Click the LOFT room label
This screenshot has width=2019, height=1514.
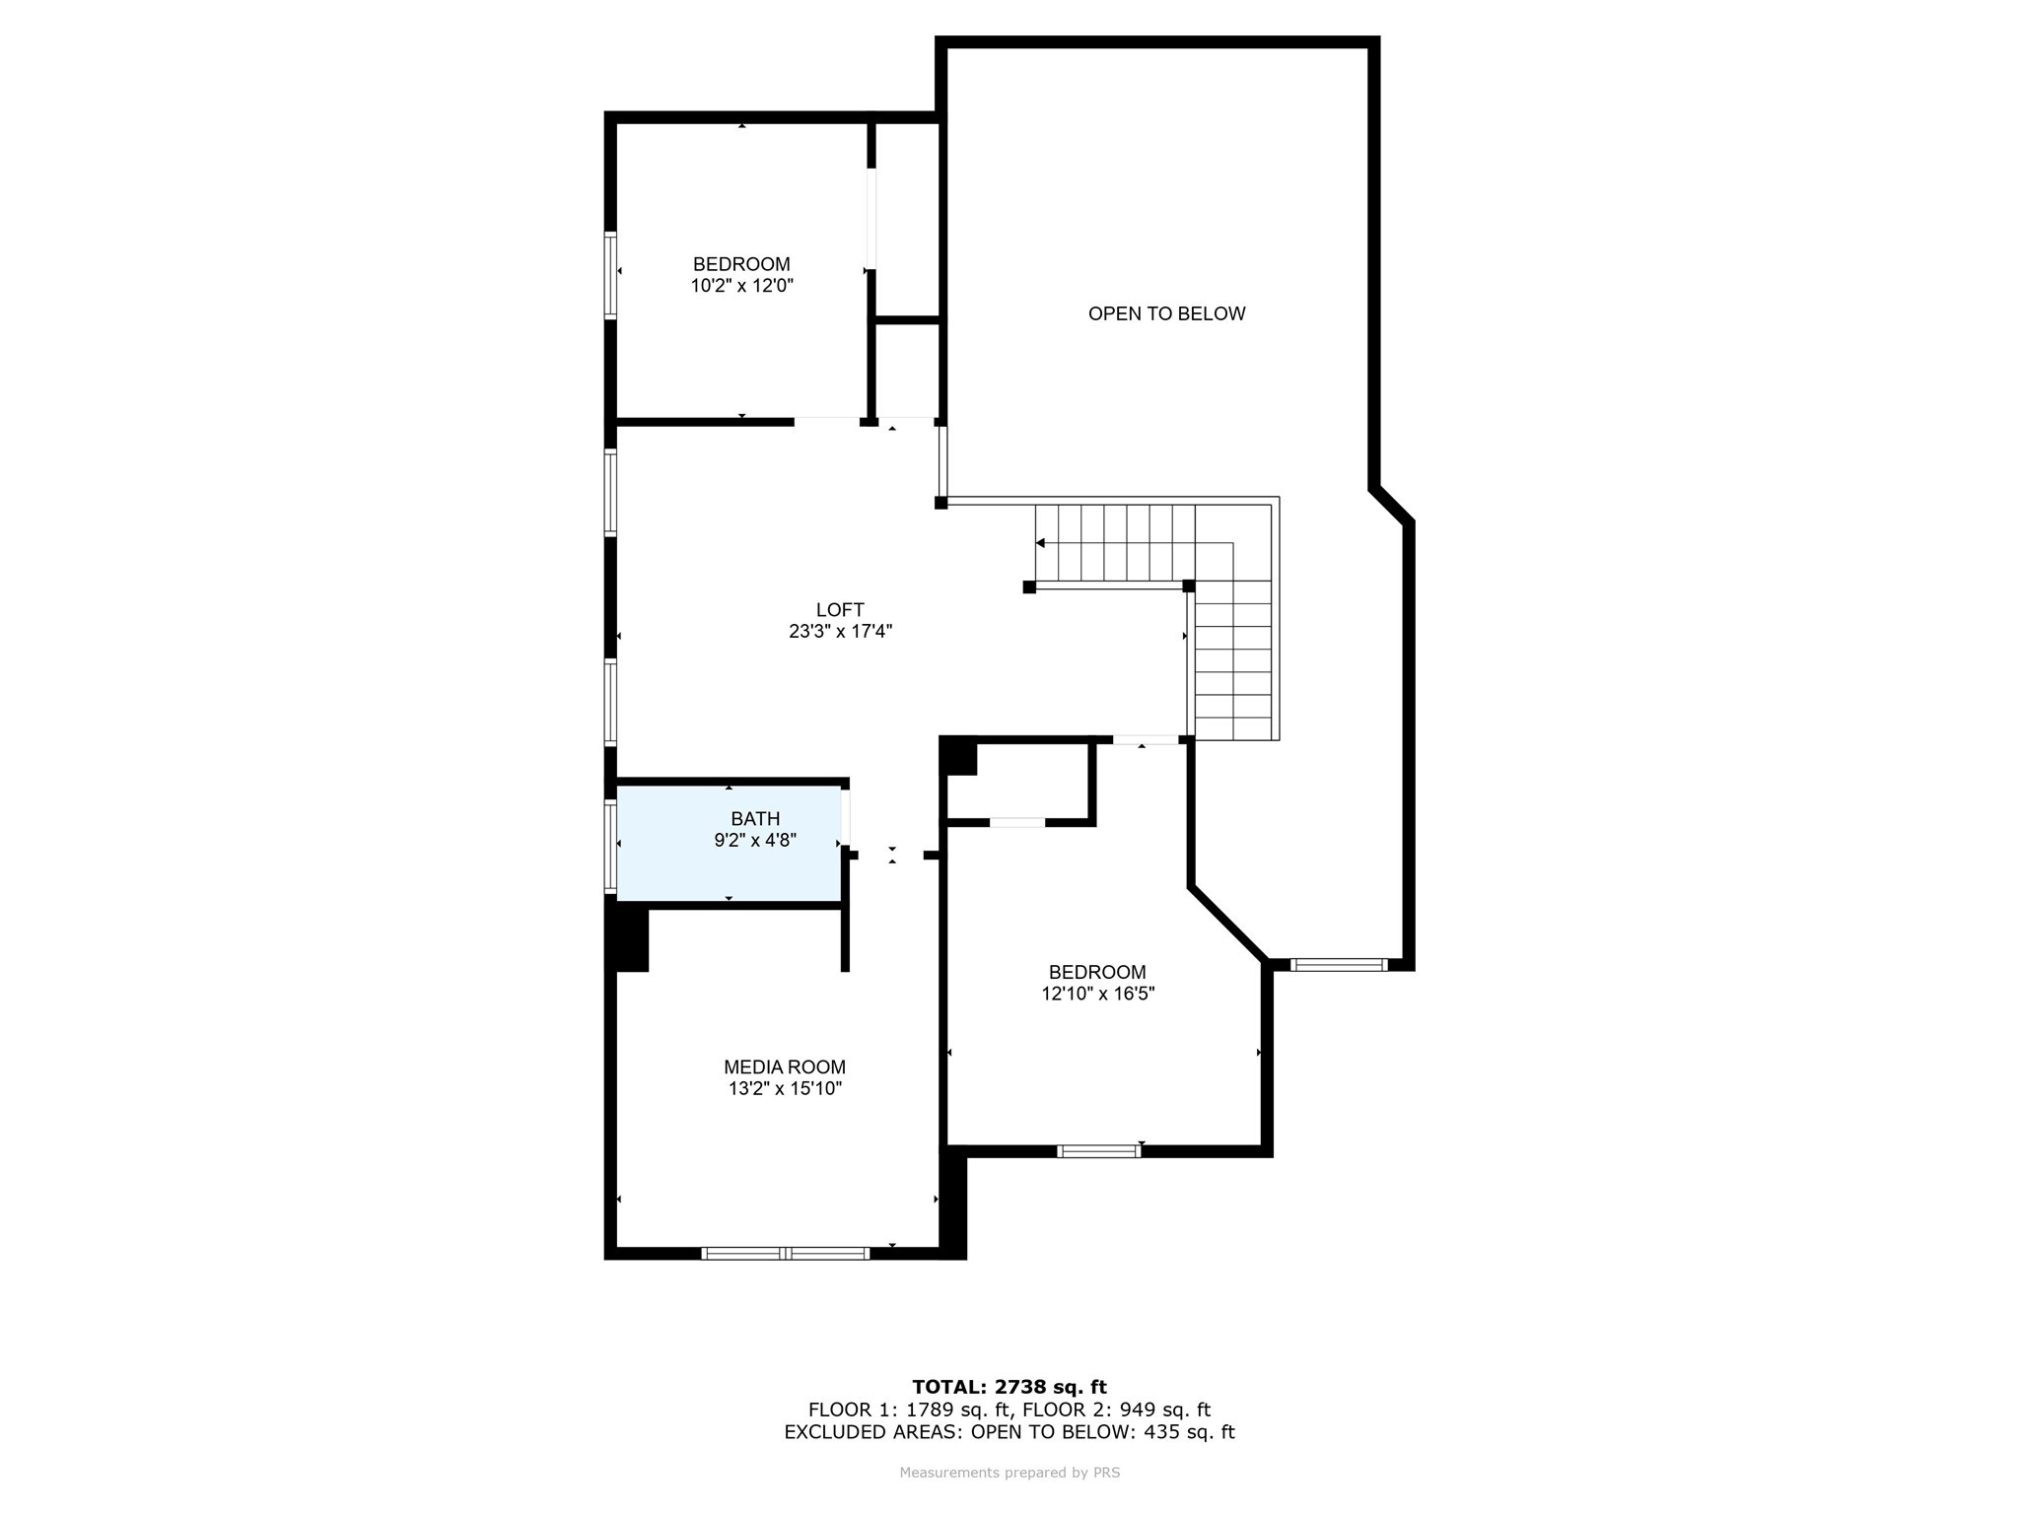click(840, 610)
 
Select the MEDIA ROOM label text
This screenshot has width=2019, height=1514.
click(785, 1067)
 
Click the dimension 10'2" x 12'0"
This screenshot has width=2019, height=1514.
click(741, 286)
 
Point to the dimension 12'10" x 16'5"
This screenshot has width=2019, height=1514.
click(1097, 994)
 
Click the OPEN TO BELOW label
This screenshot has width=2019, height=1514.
click(1166, 313)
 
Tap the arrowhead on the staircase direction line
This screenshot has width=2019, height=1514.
click(1040, 543)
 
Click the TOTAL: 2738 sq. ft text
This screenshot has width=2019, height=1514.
click(1009, 1387)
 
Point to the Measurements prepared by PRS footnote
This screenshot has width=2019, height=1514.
click(1009, 1473)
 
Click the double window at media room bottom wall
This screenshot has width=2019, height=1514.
click(786, 1253)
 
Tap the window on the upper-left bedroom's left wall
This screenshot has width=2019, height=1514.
click(610, 275)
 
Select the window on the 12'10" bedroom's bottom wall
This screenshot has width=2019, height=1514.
click(1098, 1150)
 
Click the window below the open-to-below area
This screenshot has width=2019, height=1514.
click(1339, 964)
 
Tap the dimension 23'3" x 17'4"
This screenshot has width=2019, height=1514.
click(840, 632)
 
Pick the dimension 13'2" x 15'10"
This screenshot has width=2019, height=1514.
click(785, 1088)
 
